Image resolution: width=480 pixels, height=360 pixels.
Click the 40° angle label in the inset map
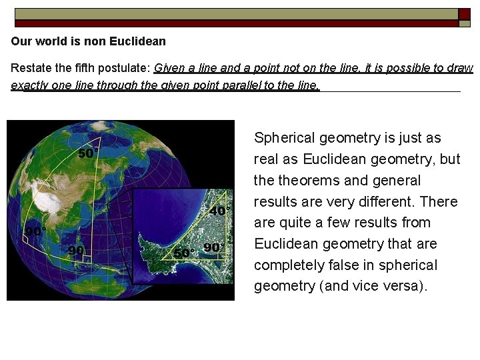(219, 211)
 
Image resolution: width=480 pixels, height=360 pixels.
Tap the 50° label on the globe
(88, 153)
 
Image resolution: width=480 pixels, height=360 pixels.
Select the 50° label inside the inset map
(184, 253)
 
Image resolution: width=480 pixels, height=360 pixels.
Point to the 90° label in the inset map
(214, 247)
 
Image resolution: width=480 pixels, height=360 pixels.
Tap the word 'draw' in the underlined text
(461, 68)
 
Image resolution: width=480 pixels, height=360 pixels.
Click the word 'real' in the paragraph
(267, 159)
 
